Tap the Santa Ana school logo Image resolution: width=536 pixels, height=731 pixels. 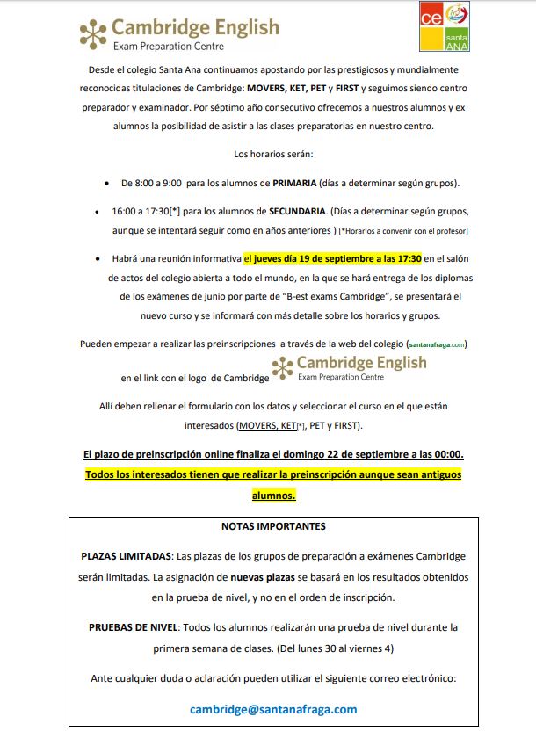point(444,25)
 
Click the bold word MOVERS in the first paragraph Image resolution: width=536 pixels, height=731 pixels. point(268,90)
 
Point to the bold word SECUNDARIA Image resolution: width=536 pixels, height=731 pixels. point(291,212)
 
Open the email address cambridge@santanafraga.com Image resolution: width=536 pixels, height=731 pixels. point(273,709)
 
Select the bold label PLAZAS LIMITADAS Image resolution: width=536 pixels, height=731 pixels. point(127,556)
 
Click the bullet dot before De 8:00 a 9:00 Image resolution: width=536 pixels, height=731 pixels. point(106,184)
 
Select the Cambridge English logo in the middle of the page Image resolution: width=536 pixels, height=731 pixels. point(351,366)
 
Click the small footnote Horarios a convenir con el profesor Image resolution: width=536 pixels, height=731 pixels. point(404,231)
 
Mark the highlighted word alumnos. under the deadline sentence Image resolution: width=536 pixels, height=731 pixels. point(273,496)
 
